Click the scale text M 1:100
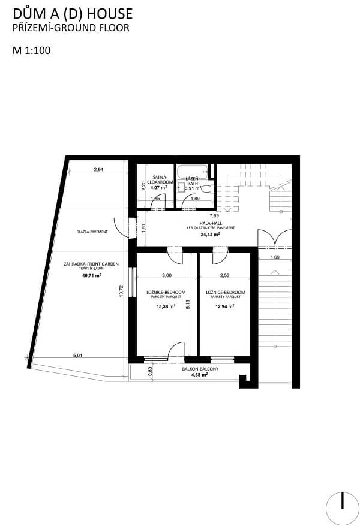(32, 50)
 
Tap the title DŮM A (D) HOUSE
(73, 14)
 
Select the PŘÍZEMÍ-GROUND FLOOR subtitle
(71, 28)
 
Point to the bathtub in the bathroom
(192, 171)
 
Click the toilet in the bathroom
(206, 188)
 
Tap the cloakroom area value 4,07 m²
(158, 188)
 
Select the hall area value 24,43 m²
(210, 235)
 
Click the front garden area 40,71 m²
(92, 275)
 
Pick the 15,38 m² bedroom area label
(166, 306)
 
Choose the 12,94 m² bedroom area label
(225, 306)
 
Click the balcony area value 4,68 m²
(199, 375)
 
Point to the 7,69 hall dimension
(214, 216)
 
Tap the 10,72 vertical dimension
(121, 291)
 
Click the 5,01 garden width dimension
(77, 355)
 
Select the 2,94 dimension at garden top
(98, 170)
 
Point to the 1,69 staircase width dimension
(275, 257)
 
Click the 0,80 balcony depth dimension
(151, 371)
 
